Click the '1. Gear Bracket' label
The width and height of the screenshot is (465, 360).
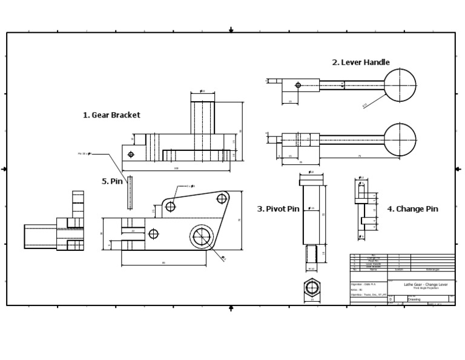(111, 115)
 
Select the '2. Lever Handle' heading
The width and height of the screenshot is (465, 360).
(360, 62)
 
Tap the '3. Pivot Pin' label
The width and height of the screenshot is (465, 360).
(278, 208)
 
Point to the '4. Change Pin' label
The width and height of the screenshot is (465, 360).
(412, 208)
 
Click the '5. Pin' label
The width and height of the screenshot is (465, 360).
(112, 181)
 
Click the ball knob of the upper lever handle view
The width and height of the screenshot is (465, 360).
(401, 85)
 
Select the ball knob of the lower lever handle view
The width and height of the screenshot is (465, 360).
(401, 139)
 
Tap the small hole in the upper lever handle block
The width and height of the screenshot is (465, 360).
(297, 85)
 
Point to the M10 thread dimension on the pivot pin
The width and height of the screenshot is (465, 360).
(312, 268)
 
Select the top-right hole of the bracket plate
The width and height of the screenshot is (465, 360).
(223, 198)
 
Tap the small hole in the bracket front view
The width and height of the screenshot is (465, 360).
(131, 154)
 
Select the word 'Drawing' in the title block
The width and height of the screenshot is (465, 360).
(414, 299)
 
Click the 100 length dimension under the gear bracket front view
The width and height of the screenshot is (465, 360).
(176, 168)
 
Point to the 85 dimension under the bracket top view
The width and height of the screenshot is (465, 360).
(163, 263)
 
